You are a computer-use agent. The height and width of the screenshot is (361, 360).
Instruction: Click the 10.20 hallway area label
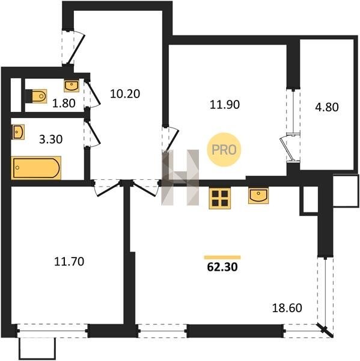125,94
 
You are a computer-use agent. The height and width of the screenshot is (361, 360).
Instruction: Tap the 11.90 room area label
225,105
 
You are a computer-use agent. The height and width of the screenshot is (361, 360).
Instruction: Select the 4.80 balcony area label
327,107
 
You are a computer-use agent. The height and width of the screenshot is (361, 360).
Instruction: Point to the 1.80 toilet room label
64,103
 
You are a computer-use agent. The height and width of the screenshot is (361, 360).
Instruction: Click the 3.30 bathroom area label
51,140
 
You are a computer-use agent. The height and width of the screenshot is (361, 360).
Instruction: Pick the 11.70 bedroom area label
69,262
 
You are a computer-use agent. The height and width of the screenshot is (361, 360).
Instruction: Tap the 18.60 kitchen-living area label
287,308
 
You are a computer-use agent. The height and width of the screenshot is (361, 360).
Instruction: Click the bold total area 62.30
222,267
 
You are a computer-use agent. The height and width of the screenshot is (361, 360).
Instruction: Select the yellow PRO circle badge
224,150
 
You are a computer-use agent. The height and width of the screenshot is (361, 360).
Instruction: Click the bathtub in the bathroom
36,168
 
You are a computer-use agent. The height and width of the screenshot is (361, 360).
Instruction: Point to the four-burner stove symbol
220,198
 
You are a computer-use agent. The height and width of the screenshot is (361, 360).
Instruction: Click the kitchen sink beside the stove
258,196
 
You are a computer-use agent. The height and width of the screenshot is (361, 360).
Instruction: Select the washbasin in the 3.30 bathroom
18,132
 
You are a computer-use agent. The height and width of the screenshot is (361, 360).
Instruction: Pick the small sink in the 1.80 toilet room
72,86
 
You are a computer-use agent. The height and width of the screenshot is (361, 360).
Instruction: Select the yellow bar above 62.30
222,258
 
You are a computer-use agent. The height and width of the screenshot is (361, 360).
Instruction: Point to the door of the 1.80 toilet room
92,94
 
